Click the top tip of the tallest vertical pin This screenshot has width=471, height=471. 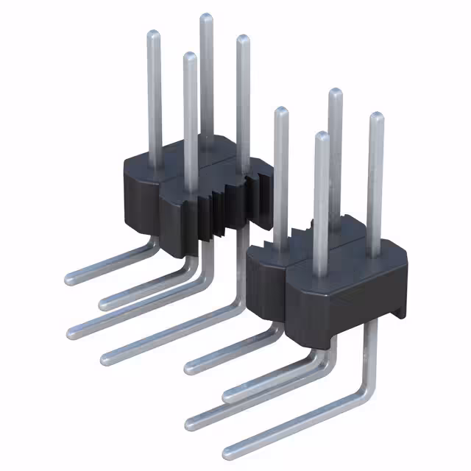pyautogui.click(x=206, y=18)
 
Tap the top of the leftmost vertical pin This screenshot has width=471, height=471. pyautogui.click(x=154, y=35)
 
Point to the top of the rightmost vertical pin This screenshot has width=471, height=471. pyautogui.click(x=376, y=117)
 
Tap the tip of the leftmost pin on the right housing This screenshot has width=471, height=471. pyautogui.click(x=280, y=112)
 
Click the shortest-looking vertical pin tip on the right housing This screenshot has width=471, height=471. pyautogui.click(x=320, y=136)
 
